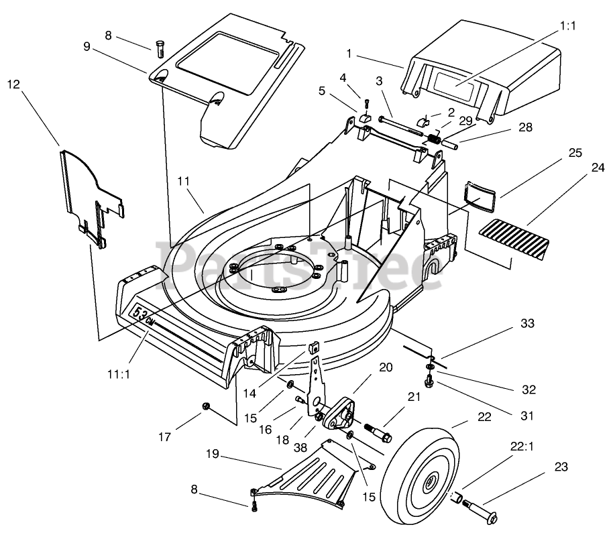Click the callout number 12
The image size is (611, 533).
(13, 84)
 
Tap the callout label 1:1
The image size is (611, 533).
(567, 25)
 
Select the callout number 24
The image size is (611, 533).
(598, 167)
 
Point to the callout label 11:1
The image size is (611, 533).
(119, 374)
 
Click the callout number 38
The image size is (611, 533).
(300, 448)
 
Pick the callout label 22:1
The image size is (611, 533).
(522, 447)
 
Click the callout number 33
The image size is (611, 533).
(528, 323)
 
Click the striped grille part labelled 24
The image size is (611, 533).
(514, 239)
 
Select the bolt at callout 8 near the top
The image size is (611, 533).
(160, 49)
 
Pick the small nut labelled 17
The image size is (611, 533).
(206, 406)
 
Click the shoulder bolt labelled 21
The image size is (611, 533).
(378, 433)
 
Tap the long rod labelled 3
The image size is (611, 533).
(400, 125)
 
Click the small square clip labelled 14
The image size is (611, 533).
(314, 346)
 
